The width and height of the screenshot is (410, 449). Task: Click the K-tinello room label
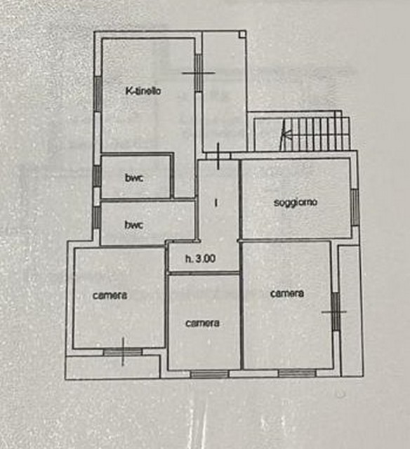point(143,91)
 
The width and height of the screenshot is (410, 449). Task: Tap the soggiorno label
point(296,203)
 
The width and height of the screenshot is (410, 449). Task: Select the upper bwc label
point(134,177)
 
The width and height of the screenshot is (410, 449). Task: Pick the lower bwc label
point(134,224)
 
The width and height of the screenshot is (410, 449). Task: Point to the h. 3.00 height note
point(200,259)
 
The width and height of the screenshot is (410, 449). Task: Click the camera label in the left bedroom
point(110,295)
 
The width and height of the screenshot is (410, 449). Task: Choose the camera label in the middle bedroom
point(203,323)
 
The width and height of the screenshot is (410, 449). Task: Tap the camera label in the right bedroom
point(287,293)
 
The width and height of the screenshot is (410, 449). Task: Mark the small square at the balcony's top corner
point(242,34)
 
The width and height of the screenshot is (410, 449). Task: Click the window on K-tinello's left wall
point(98,94)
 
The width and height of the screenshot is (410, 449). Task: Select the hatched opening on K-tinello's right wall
point(198,73)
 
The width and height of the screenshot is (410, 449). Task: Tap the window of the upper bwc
point(97,176)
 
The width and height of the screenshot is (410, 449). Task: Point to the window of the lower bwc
point(97,217)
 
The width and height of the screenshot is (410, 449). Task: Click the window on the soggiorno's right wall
point(355,208)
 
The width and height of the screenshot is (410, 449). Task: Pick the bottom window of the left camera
point(123,352)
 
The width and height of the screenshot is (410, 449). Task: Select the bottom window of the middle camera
point(210,374)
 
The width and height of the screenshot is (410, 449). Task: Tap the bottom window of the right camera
point(298,373)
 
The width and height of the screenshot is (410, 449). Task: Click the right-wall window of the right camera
point(336,311)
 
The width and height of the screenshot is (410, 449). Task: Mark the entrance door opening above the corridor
point(218,156)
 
